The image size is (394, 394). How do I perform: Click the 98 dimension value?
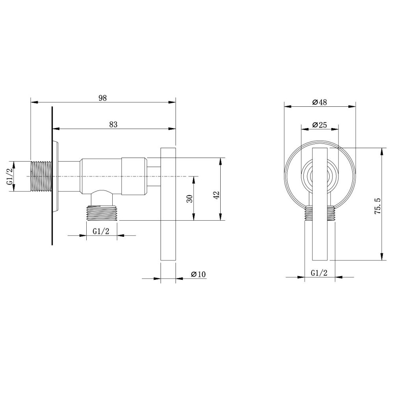tap(102, 98)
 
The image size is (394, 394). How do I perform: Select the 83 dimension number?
tap(113, 124)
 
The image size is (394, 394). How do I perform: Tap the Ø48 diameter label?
tap(320, 102)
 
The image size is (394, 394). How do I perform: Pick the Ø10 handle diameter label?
tap(198, 274)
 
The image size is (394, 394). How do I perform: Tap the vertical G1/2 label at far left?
tap(10, 177)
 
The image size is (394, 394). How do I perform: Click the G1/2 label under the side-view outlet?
tap(101, 232)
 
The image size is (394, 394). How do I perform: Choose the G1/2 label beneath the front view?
tap(319, 273)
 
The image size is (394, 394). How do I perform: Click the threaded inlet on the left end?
tap(41, 177)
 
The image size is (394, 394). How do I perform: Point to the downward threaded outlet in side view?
tap(102, 213)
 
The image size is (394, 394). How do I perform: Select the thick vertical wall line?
tap(52, 176)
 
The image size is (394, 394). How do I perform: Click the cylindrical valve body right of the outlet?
tap(134, 176)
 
